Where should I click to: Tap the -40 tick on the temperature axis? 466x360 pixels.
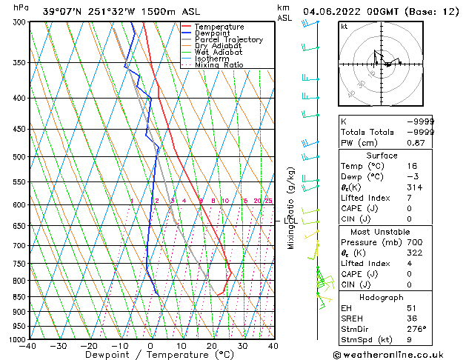click(x=29, y=346)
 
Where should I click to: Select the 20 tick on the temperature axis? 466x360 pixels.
click(x=212, y=346)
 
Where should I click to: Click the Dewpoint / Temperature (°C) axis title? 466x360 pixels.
click(x=150, y=355)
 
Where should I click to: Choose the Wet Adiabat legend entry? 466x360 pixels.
click(x=219, y=53)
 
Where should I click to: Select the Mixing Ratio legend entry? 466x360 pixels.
click(x=219, y=65)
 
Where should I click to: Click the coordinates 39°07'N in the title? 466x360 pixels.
click(x=61, y=12)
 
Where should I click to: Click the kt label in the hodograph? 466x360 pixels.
click(x=344, y=27)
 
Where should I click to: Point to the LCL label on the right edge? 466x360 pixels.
click(x=289, y=221)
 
